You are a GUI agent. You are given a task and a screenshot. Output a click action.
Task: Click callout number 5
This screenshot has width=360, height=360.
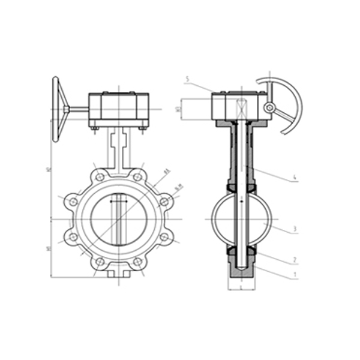click(188, 79)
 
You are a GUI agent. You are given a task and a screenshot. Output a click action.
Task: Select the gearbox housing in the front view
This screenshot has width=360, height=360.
click(118, 109)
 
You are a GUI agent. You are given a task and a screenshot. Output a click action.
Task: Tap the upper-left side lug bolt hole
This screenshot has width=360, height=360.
click(73, 202)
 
